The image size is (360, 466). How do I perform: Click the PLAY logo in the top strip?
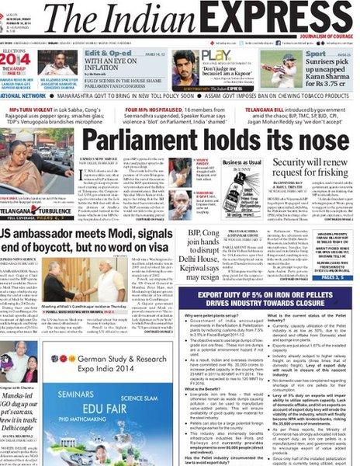(220, 54)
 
